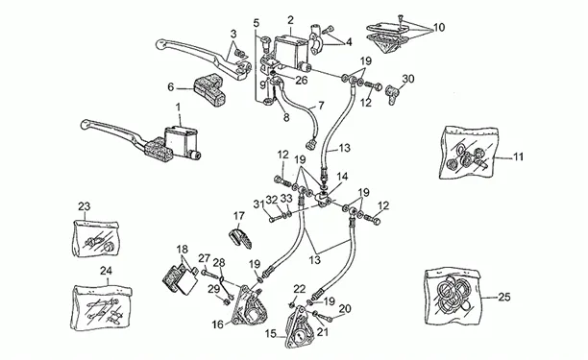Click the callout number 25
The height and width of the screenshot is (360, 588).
(504, 297)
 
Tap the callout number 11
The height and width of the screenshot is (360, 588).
(518, 156)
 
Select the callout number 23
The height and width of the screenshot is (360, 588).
(84, 206)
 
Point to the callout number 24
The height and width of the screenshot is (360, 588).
(107, 271)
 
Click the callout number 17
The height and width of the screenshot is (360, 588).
(239, 216)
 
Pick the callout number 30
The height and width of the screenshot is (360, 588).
(408, 79)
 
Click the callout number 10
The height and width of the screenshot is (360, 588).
(439, 27)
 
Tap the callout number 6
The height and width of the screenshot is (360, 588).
(171, 87)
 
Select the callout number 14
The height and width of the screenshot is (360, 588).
(342, 177)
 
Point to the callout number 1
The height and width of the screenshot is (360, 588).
(178, 108)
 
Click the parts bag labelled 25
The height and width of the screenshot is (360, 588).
(453, 296)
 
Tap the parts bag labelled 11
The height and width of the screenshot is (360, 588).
(469, 153)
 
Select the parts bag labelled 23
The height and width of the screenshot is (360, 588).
(95, 238)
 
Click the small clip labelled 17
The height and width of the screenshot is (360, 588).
(240, 238)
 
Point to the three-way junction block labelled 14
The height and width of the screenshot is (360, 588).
(323, 198)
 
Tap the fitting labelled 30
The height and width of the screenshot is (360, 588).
(391, 94)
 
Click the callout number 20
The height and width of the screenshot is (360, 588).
(345, 309)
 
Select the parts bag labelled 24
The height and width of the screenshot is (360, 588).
(101, 308)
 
